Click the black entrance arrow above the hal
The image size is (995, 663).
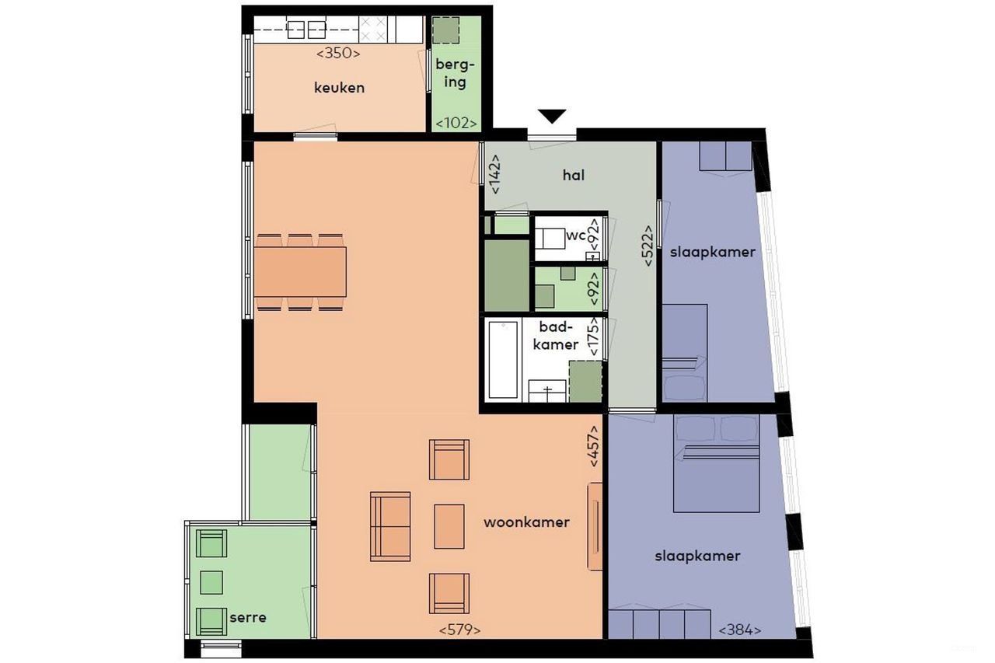(552, 117)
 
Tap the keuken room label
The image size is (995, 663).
(339, 88)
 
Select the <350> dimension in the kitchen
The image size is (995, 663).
(339, 54)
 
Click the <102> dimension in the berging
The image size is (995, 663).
(456, 123)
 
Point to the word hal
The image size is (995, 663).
(574, 176)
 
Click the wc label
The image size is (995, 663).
(575, 236)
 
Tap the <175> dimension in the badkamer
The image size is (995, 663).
(595, 336)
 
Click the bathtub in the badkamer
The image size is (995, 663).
(503, 359)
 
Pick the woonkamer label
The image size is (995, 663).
(526, 522)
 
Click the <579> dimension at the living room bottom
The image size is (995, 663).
(459, 630)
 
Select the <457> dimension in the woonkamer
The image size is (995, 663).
(595, 445)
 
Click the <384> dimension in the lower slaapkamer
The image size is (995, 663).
(739, 630)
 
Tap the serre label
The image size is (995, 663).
(248, 618)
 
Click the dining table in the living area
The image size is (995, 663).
(300, 271)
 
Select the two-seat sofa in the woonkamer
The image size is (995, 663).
(390, 525)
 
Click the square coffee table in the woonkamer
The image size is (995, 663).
(449, 525)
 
